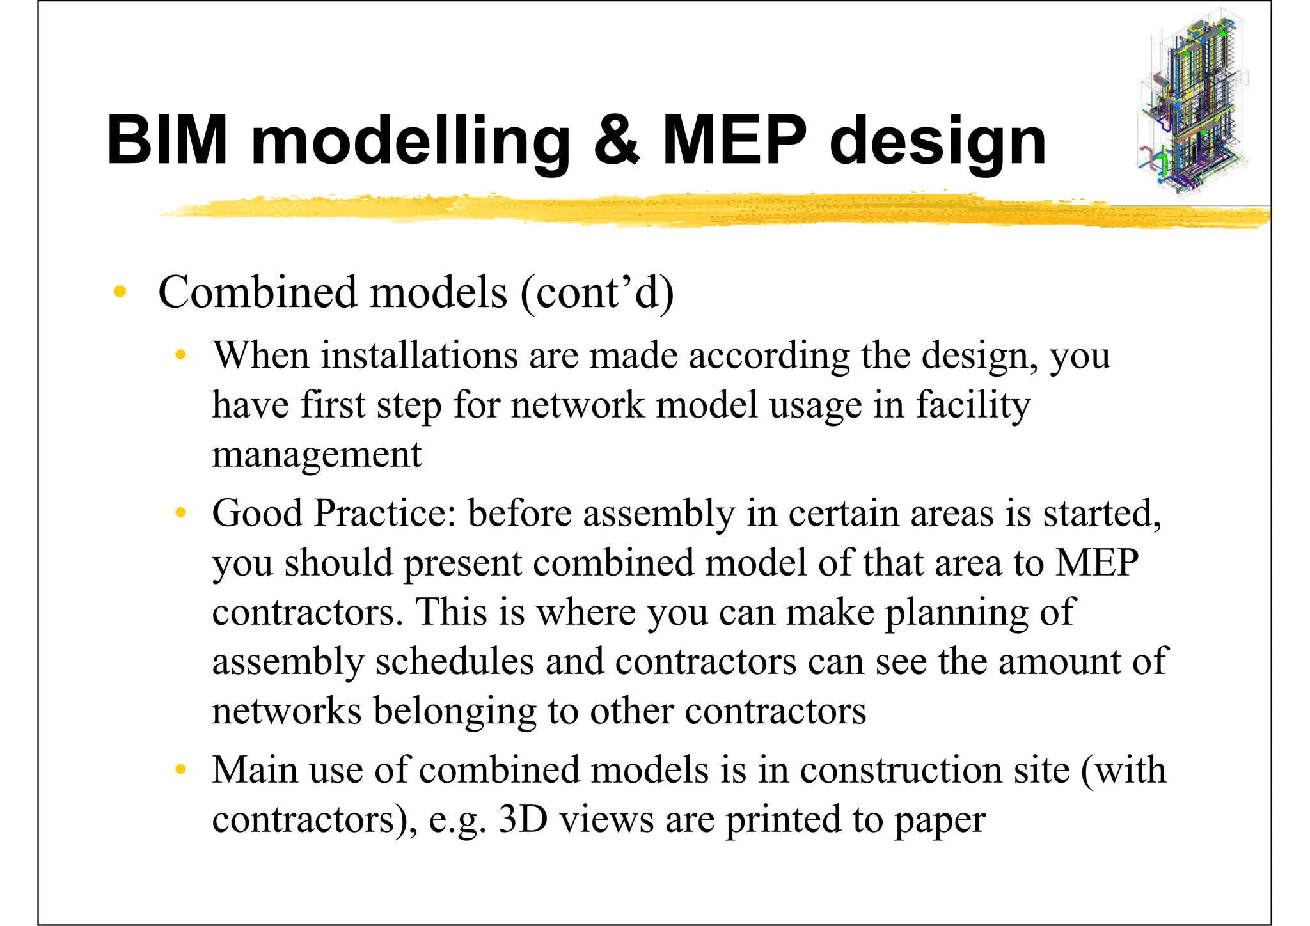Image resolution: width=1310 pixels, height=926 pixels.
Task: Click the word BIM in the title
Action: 168,140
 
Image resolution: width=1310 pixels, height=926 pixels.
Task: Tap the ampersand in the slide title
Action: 617,140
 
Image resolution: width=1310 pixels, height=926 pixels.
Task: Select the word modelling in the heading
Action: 410,141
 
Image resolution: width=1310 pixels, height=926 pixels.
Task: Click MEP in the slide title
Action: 734,140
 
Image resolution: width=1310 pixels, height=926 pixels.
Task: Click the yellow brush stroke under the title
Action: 704,210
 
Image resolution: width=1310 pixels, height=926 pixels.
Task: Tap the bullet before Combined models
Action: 120,292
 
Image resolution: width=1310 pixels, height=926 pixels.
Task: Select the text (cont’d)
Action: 597,293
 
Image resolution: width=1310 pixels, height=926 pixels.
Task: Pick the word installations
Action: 419,355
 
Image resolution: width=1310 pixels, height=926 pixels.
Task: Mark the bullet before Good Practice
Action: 181,512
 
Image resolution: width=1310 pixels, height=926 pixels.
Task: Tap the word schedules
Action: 454,661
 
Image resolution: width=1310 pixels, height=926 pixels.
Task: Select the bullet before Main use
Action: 181,769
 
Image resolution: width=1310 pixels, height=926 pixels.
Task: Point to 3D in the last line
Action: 523,819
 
